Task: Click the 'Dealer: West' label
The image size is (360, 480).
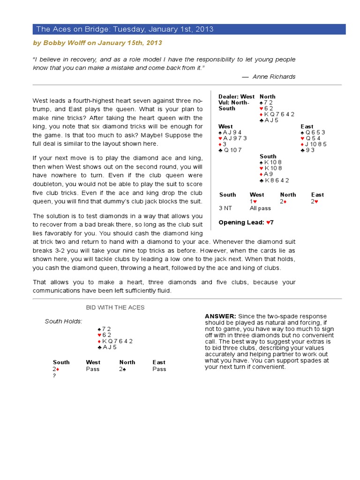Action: [x=236, y=97]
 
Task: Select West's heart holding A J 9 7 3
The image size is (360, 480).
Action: [x=232, y=138]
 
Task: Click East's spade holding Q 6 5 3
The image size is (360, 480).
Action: [x=313, y=132]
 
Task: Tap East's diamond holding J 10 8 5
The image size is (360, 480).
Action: [x=314, y=144]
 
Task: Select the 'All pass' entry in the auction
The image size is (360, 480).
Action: [x=260, y=208]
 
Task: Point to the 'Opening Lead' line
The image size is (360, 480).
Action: [x=246, y=222]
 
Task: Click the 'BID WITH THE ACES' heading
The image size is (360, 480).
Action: [x=115, y=307]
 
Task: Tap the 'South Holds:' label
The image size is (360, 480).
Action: [x=63, y=321]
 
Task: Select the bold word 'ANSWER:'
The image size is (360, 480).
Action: [x=220, y=316]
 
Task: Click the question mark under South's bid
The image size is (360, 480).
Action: [x=54, y=376]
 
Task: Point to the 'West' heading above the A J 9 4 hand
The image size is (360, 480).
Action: [x=225, y=127]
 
